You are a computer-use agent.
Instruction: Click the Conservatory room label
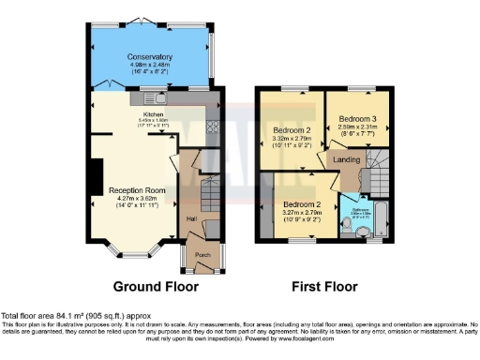pyautogui.click(x=150, y=56)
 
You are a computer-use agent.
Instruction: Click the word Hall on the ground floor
pyautogui.click(x=191, y=219)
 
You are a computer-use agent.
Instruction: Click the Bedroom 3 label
pyautogui.click(x=357, y=120)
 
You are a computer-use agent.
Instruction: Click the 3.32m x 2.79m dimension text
pyautogui.click(x=292, y=139)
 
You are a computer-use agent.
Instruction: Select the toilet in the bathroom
pyautogui.click(x=362, y=228)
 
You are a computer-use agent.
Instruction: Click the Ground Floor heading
pyautogui.click(x=151, y=285)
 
